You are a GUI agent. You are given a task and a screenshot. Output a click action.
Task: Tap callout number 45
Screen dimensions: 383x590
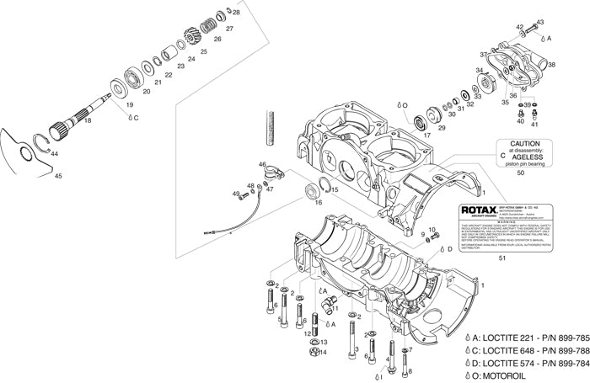click(x=57, y=177)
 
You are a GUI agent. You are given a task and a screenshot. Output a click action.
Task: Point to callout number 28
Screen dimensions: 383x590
click(x=236, y=13)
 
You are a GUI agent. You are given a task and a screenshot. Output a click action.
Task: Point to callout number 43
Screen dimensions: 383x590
click(x=540, y=22)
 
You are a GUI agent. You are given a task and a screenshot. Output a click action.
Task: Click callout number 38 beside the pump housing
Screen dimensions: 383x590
click(x=551, y=64)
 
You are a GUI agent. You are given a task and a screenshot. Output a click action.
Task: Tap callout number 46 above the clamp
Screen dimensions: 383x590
click(x=262, y=165)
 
